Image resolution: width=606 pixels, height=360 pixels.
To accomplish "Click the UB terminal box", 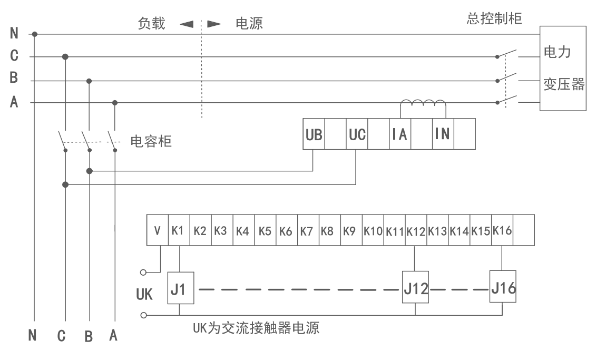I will (x=314, y=134).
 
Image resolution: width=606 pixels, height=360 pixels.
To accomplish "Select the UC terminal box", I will (x=357, y=134).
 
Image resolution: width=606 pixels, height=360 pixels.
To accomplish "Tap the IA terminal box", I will (x=400, y=134).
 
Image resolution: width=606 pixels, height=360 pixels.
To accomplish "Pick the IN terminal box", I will (x=443, y=134).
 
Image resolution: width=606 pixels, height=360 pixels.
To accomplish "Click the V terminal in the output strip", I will (x=158, y=231).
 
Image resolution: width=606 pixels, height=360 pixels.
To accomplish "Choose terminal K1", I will (x=178, y=231).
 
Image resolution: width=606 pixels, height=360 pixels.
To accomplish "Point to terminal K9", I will (x=350, y=231).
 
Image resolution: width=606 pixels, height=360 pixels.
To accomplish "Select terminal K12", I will (x=416, y=231).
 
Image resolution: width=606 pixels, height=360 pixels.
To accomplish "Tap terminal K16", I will (x=502, y=231).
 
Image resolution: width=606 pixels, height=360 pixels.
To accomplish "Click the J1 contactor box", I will (x=180, y=288).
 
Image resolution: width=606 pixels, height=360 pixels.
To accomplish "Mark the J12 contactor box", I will (x=415, y=288).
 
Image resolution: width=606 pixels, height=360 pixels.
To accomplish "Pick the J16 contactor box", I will (x=502, y=286).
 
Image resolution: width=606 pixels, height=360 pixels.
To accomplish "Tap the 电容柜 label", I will (x=151, y=141).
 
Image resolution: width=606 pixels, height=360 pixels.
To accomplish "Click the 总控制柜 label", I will (x=494, y=20).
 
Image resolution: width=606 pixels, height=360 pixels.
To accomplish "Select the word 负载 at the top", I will (x=152, y=24).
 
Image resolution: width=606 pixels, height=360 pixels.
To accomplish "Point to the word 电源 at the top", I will (x=249, y=24).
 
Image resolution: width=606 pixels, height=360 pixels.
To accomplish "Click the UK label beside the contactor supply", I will (x=144, y=294).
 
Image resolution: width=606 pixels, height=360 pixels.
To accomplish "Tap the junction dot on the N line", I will (x=35, y=34).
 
